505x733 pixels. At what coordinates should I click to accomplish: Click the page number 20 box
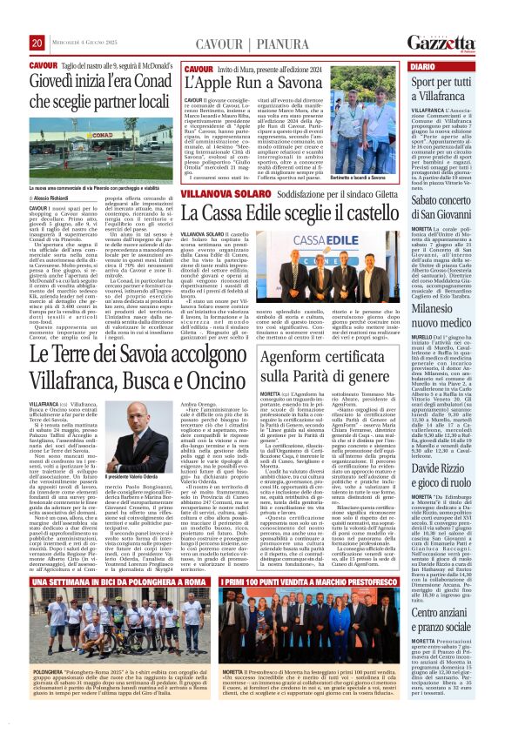coord(37,43)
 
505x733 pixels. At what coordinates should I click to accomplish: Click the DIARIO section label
coord(422,66)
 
